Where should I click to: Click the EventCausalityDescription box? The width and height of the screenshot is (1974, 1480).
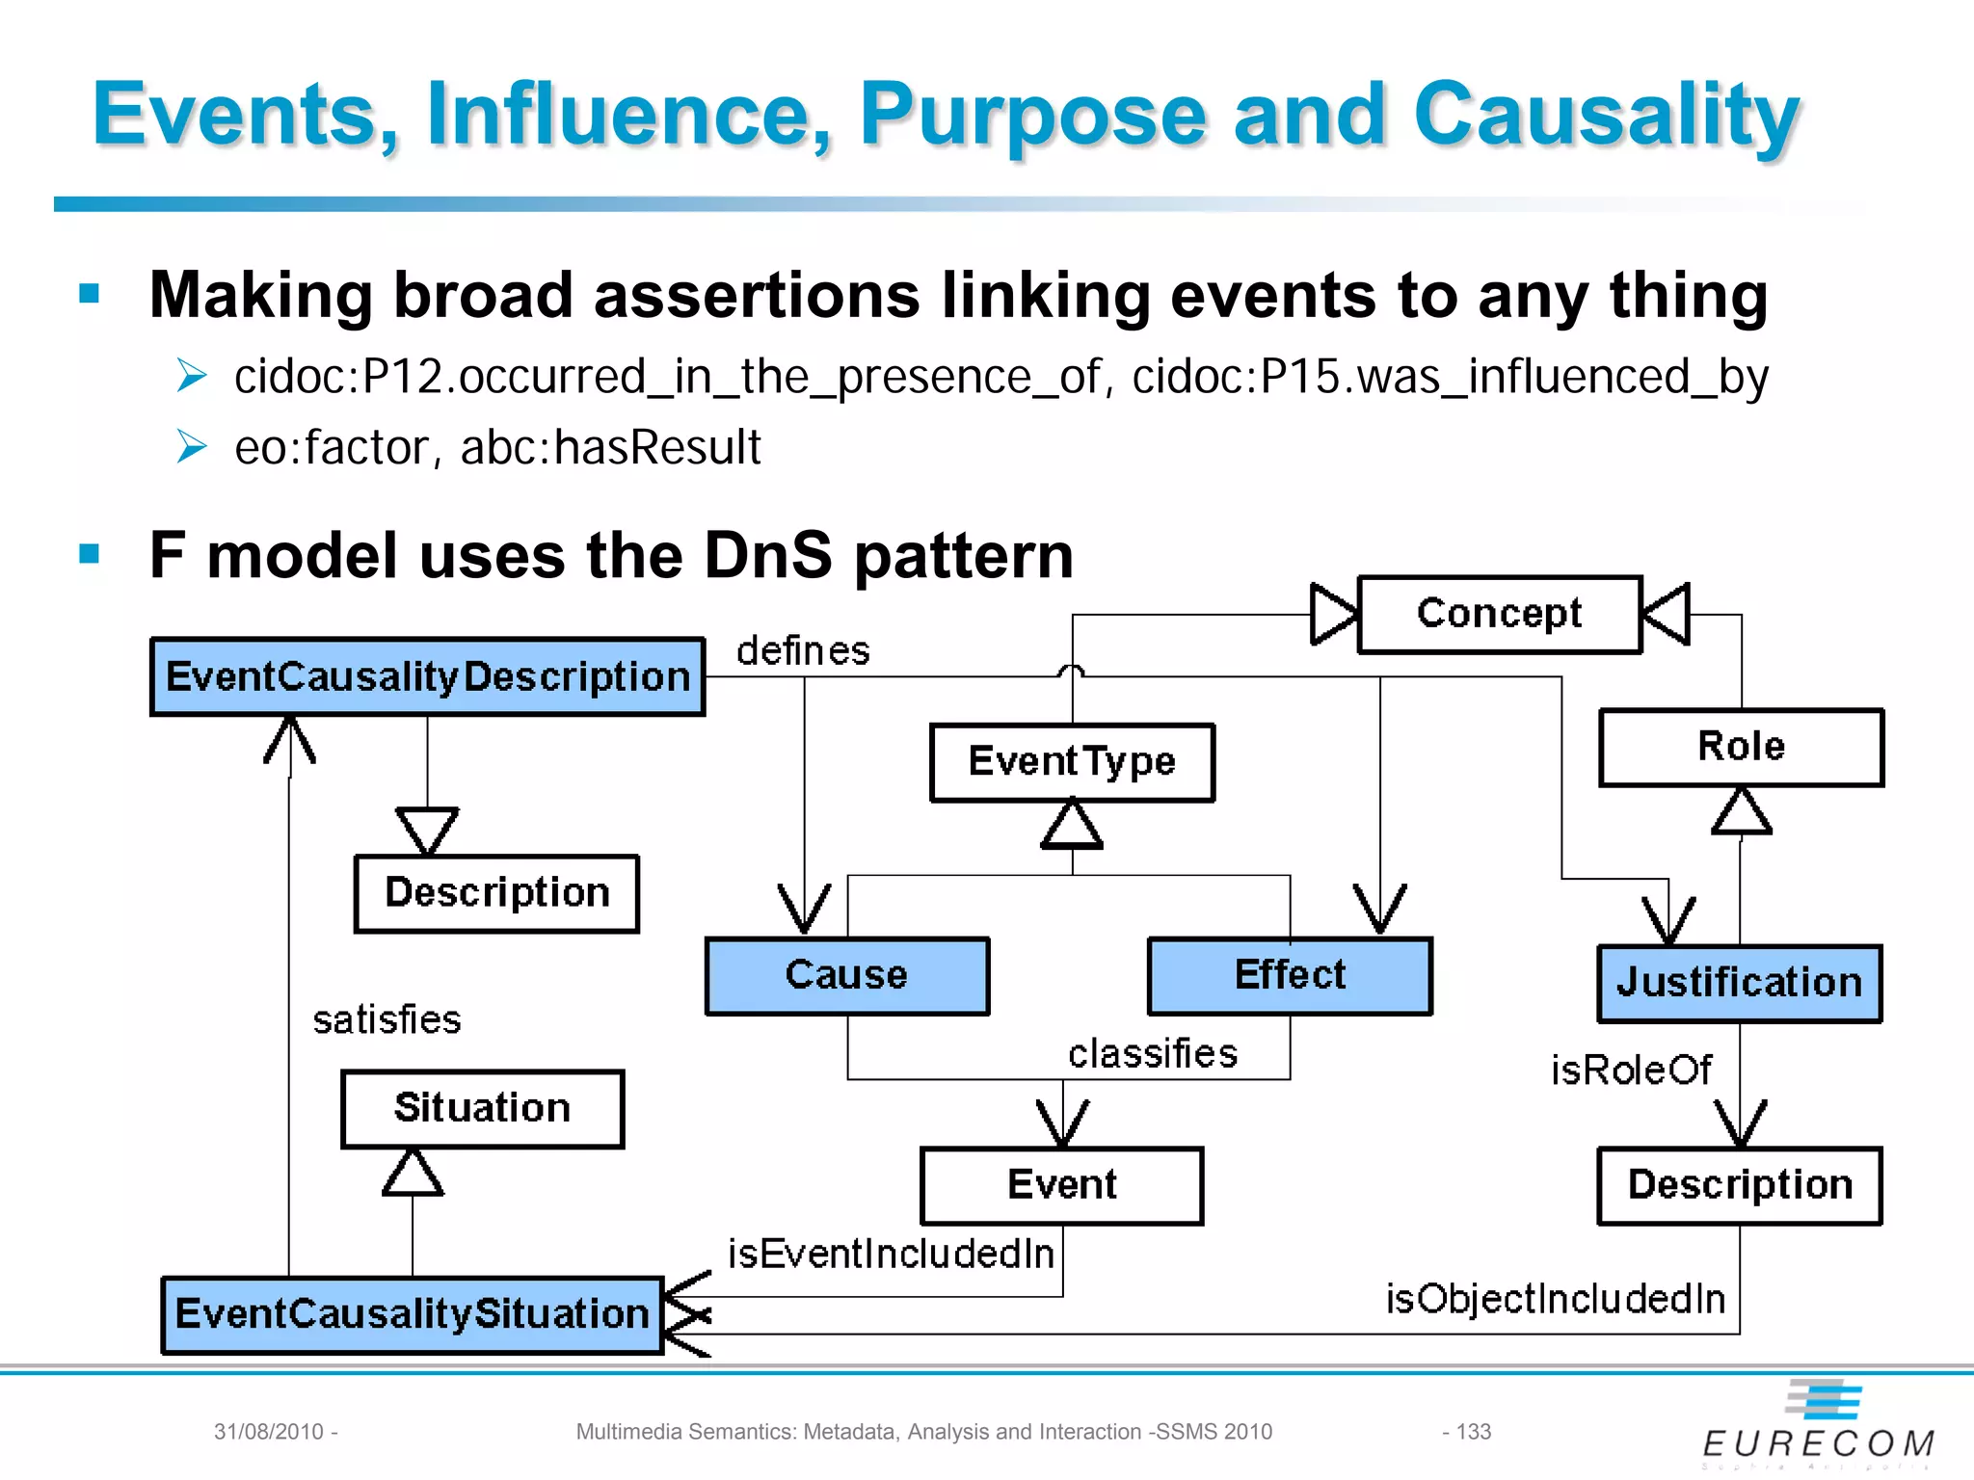point(427,676)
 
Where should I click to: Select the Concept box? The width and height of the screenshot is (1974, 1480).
point(1499,614)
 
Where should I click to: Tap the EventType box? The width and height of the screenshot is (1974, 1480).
point(1072,762)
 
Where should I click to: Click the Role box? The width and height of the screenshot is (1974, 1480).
point(1741,747)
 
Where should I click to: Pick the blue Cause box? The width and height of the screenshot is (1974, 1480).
point(847,975)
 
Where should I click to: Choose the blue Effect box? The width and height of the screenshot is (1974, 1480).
point(1290,975)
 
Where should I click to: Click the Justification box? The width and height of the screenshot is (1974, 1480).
point(1739,983)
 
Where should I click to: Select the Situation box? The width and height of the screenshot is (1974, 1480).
point(482,1108)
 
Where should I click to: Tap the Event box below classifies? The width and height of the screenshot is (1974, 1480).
point(1061,1185)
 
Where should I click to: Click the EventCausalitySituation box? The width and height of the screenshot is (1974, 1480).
point(413,1314)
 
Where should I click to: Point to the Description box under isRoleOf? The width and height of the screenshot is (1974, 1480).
point(1739,1185)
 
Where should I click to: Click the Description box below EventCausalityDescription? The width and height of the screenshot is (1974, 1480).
point(496,893)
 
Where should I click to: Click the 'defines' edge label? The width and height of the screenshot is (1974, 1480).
point(803,651)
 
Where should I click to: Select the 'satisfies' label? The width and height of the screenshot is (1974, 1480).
point(387,1019)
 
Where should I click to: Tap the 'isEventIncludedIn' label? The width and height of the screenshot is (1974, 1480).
point(891,1254)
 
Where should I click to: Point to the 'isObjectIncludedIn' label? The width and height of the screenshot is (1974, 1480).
point(1555,1299)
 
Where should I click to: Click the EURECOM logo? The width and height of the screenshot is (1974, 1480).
point(1819,1426)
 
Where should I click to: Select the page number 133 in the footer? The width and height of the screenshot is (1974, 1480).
point(1473,1432)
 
